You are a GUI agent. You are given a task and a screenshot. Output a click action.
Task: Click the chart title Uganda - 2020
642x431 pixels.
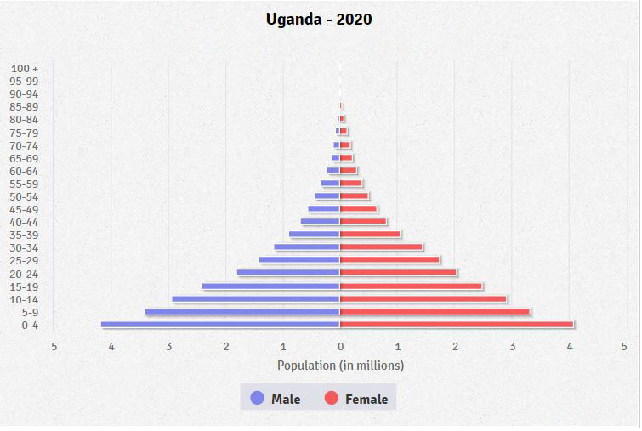pos(319,19)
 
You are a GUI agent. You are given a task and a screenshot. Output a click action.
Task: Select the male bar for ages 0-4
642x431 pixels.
pos(220,325)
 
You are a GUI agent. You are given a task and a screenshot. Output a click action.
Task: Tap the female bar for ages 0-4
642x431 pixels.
pos(457,325)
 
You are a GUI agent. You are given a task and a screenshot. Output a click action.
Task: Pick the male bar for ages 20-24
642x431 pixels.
pos(288,273)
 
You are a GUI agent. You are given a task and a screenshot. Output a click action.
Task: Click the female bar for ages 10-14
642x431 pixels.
pos(423,299)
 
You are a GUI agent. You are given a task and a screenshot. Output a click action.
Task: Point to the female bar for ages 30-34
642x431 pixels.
pos(381,247)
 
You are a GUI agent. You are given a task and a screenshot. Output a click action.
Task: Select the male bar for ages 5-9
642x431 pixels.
pos(242,312)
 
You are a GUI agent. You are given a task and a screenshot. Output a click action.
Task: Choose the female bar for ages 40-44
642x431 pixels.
pos(363,222)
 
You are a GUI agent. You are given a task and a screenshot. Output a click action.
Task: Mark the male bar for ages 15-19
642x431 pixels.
pos(270,286)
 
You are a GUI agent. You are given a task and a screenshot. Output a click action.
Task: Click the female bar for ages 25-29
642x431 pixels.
pos(389,260)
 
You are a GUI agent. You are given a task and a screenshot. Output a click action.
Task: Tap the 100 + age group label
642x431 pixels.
pos(26,68)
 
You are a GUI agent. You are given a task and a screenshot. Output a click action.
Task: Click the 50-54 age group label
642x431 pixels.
pos(26,196)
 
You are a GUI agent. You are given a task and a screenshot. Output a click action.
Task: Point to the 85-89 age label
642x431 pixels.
pos(26,106)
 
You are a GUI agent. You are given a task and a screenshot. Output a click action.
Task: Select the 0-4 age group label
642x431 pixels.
pos(30,325)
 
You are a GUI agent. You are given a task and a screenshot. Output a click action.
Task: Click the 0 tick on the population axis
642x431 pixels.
pos(340,346)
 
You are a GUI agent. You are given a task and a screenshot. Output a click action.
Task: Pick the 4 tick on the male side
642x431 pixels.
pos(111,346)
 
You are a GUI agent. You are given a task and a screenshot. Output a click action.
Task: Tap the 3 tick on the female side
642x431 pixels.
pos(512,346)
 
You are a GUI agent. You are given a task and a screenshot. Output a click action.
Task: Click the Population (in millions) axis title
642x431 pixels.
pos(340,366)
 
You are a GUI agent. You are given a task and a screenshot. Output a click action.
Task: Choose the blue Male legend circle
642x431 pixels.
pos(257,398)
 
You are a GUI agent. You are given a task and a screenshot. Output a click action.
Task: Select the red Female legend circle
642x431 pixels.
pos(331,398)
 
